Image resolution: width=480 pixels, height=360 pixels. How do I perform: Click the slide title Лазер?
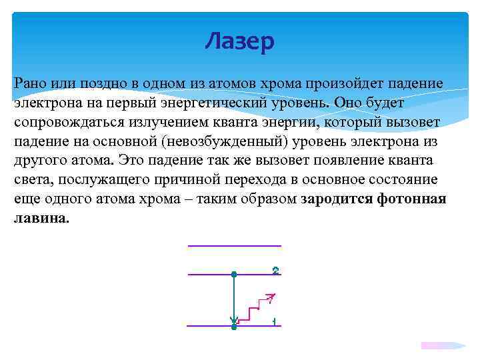239,42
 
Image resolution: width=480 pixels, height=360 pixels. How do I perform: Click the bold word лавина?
41,219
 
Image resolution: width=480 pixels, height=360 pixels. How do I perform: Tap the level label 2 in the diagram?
275,271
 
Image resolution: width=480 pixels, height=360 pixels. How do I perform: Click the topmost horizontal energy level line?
234,246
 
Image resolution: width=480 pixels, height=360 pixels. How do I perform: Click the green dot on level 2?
233,274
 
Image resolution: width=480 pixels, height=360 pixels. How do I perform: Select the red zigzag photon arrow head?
270,296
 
